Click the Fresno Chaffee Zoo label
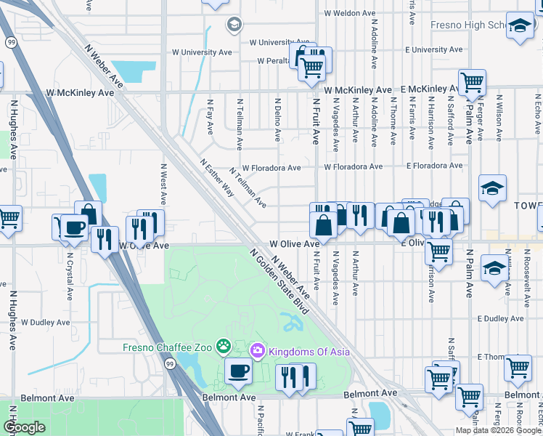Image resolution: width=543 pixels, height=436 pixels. pyautogui.click(x=166, y=348)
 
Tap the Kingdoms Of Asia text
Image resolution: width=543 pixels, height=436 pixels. pyautogui.click(x=309, y=352)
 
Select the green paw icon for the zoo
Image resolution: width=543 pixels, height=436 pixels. pyautogui.click(x=224, y=348)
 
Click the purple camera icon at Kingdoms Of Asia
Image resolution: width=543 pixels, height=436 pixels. pyautogui.click(x=257, y=352)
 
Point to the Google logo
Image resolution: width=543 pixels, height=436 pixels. pyautogui.click(x=24, y=427)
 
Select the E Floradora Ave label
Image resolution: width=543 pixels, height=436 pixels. pyautogui.click(x=434, y=166)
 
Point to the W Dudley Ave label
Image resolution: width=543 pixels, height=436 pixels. pyautogui.click(x=45, y=322)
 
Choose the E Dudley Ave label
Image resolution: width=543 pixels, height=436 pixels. pyautogui.click(x=500, y=318)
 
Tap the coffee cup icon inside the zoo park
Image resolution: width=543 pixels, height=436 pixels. pyautogui.click(x=237, y=371)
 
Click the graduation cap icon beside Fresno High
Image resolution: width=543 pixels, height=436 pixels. pyautogui.click(x=520, y=27)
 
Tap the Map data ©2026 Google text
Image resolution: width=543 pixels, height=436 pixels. pyautogui.click(x=498, y=430)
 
